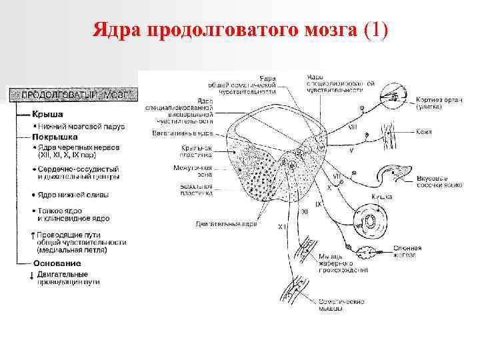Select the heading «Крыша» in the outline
tap(49, 115)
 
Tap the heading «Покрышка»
tap(57, 136)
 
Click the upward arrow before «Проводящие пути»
tap(33, 235)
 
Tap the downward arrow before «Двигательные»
tap(33, 275)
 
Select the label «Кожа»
tap(424, 132)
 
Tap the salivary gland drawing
tap(367, 253)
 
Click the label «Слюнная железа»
tap(407, 251)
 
